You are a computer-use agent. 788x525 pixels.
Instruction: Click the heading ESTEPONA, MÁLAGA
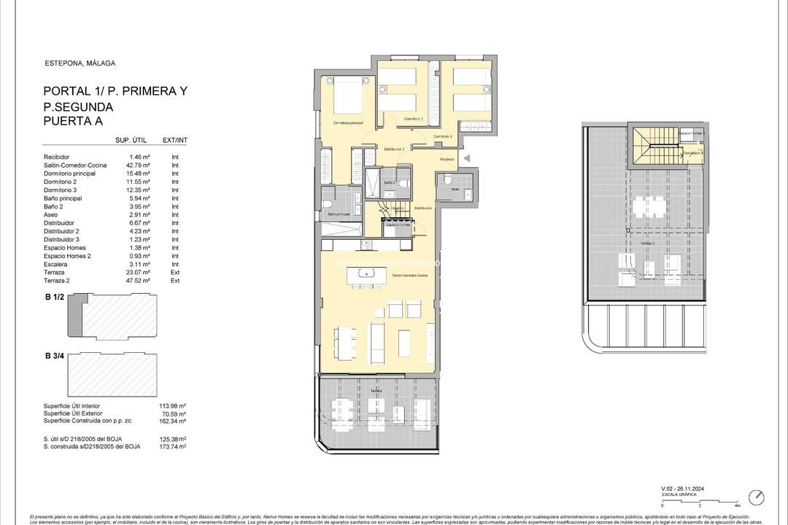[80, 63]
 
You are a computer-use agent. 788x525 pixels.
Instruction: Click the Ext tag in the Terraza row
[175, 272]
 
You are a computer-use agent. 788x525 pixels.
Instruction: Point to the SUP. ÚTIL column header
[132, 140]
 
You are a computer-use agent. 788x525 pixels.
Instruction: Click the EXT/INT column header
[175, 140]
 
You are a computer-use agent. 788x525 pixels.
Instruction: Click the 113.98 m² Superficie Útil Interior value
[172, 405]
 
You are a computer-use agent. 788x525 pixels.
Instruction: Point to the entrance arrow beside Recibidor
[468, 157]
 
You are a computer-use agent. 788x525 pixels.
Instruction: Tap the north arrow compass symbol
[760, 497]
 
